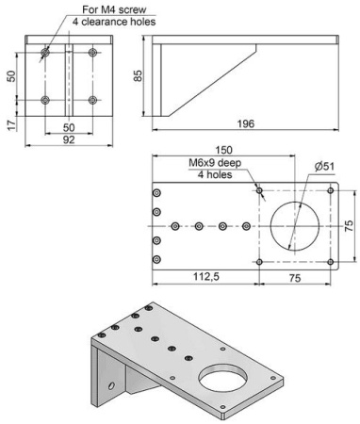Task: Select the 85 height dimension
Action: tap(139, 74)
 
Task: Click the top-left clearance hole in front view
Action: tap(43, 52)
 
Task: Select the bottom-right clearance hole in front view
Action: tap(91, 99)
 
